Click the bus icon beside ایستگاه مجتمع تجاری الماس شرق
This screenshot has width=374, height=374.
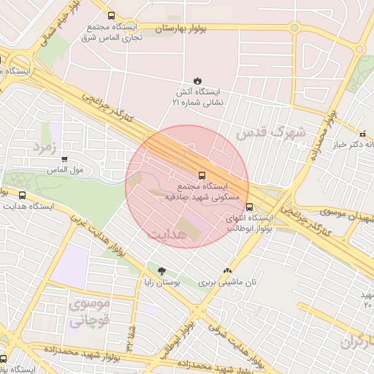pos(111,15)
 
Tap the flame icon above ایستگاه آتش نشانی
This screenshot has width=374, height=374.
pos(197,80)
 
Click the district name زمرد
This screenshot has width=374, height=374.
pos(43,146)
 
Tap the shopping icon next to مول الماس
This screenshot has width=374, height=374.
pos(65,159)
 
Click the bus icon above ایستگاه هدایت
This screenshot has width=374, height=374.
pos(22,196)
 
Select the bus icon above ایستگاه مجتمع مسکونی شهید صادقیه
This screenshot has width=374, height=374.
pos(201,175)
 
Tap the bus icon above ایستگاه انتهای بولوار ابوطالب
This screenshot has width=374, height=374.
pos(251,207)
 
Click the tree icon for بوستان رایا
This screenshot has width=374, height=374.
pos(161,271)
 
